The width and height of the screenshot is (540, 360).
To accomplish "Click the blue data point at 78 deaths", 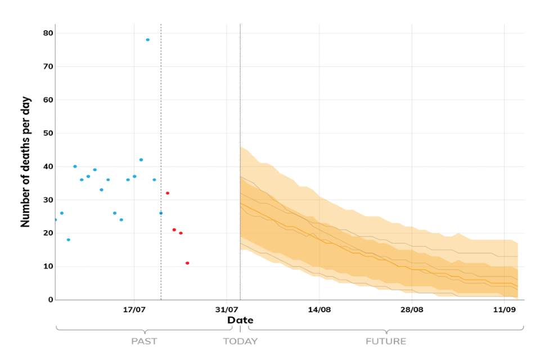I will [148, 40].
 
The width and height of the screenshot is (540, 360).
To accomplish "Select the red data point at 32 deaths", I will [168, 193].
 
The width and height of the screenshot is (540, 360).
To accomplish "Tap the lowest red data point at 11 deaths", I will [187, 263].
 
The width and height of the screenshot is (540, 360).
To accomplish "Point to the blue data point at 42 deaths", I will [141, 160].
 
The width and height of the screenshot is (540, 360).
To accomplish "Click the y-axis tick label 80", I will [48, 33].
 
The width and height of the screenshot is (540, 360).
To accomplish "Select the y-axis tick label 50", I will [48, 133].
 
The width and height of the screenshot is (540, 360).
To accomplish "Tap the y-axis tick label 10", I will [48, 267].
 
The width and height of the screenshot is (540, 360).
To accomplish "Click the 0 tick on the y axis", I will [50, 300].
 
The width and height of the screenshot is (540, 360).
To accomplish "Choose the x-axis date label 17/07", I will [134, 309].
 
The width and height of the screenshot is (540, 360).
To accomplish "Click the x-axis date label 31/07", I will [227, 309].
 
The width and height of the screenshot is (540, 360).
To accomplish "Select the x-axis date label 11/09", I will [504, 309].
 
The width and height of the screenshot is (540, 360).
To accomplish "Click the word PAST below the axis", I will [144, 341].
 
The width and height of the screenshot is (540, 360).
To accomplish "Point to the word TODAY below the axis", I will [240, 341].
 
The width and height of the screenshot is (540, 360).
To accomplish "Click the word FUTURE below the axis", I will [386, 341].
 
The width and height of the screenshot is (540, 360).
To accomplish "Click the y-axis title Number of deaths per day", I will [25, 162].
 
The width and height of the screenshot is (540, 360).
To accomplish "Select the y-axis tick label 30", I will [48, 200].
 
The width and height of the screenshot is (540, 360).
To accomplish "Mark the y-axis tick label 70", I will [48, 66].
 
